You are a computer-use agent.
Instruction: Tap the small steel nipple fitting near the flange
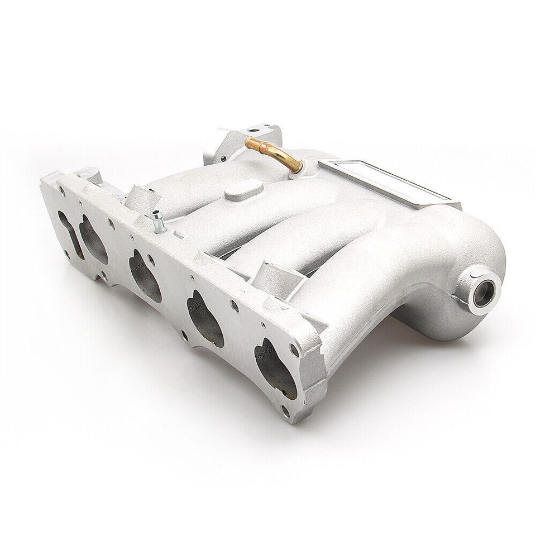tap(159, 222)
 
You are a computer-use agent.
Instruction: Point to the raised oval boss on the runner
tap(243, 190)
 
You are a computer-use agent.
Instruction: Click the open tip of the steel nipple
tap(156, 214)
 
